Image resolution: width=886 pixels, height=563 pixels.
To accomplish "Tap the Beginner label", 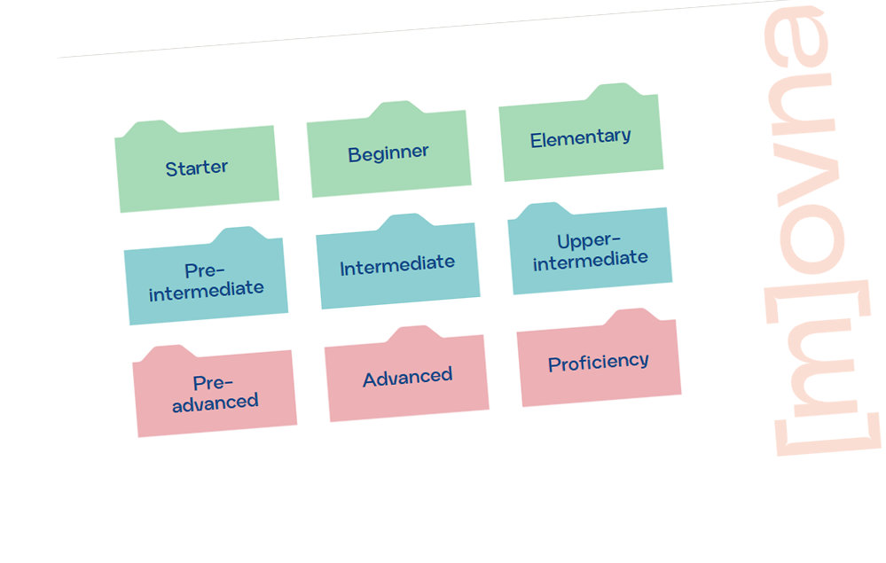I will [x=388, y=153].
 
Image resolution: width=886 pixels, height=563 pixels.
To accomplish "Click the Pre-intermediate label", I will [x=206, y=280].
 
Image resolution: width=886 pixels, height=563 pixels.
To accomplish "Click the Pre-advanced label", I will [x=215, y=392].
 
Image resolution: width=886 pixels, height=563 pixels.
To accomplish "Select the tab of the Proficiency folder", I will [x=631, y=317].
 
